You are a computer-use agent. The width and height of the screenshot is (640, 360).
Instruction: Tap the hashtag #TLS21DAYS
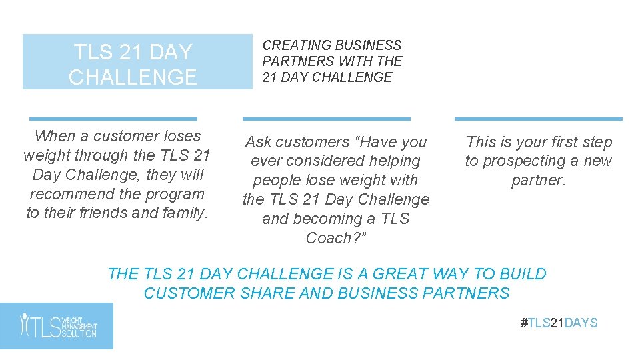[x=559, y=323]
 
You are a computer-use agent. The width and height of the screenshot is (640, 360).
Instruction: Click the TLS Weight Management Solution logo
[x=57, y=326]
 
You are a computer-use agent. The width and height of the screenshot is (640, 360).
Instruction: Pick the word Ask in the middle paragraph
[x=259, y=142]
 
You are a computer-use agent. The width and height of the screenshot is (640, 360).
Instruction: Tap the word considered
[x=319, y=161]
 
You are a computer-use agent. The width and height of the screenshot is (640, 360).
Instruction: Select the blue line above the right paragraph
[x=538, y=119]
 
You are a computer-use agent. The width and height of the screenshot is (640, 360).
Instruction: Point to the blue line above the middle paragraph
[x=326, y=119]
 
